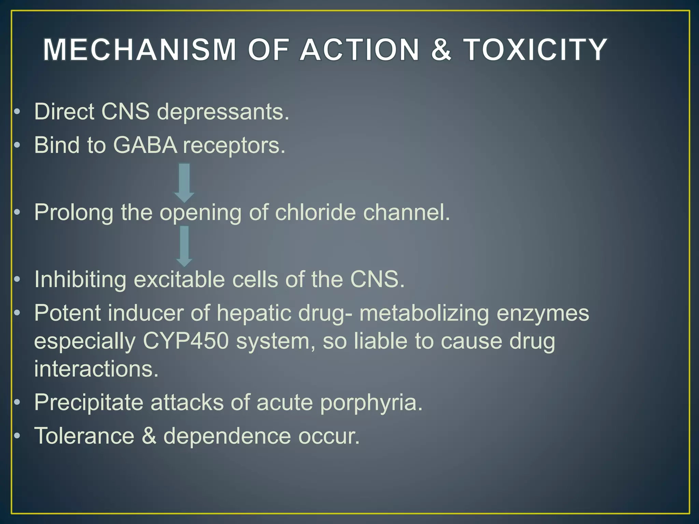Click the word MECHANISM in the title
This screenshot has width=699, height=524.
(x=140, y=50)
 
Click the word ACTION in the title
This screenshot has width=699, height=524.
(x=359, y=50)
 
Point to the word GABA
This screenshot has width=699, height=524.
(x=145, y=145)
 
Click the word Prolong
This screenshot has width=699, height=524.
(x=74, y=213)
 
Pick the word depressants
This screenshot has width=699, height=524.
(x=223, y=112)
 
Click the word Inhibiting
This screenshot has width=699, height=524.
(x=80, y=279)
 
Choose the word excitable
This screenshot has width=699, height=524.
(x=179, y=279)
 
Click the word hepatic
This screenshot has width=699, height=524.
(x=254, y=313)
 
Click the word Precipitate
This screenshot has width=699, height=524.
(x=89, y=403)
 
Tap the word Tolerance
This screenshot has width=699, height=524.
(x=84, y=436)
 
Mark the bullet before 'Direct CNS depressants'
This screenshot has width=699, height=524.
(x=17, y=112)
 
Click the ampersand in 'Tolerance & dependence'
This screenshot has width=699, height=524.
(x=149, y=436)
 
